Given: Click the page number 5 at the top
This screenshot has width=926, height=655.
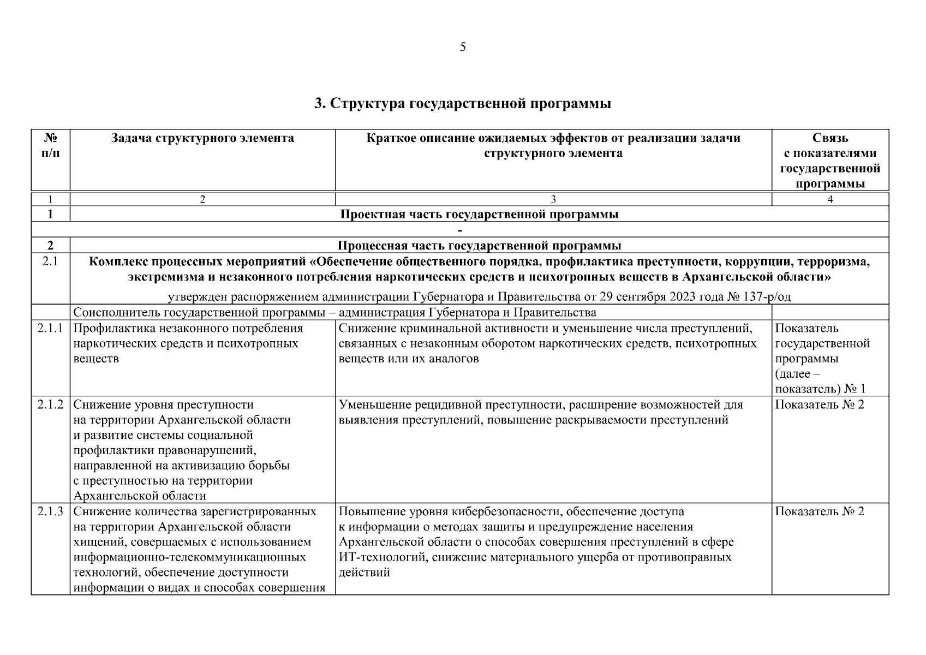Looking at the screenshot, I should pos(463,47).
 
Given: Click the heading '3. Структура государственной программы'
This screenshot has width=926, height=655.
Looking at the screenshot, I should pos(463,103).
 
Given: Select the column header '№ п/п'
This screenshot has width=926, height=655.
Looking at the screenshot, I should pos(50,145).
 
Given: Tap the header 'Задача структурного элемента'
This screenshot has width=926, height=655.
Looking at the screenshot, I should pos(202,138).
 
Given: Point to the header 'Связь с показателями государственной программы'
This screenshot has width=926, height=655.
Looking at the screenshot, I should pos(830,160).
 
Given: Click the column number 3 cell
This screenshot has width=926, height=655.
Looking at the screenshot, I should pos(553,200).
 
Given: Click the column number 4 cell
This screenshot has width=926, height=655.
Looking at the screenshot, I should pos(830,200).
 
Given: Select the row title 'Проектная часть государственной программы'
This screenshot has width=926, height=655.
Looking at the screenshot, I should pos(479,214).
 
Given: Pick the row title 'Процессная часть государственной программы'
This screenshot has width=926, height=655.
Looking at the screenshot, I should pos(479,245).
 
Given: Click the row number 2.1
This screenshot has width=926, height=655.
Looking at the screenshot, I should pos(50,261).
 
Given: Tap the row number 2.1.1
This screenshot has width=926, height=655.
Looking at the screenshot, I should pos(50,329).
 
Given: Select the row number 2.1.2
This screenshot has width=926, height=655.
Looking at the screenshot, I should pos(50,405).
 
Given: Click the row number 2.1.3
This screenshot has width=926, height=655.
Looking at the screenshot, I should pos(50,512).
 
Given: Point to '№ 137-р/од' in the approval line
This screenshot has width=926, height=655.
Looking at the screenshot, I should pos(759,297).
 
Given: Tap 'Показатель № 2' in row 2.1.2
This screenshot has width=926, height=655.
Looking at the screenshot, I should pos(820,405).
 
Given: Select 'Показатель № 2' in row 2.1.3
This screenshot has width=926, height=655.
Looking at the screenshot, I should pos(820,512).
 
